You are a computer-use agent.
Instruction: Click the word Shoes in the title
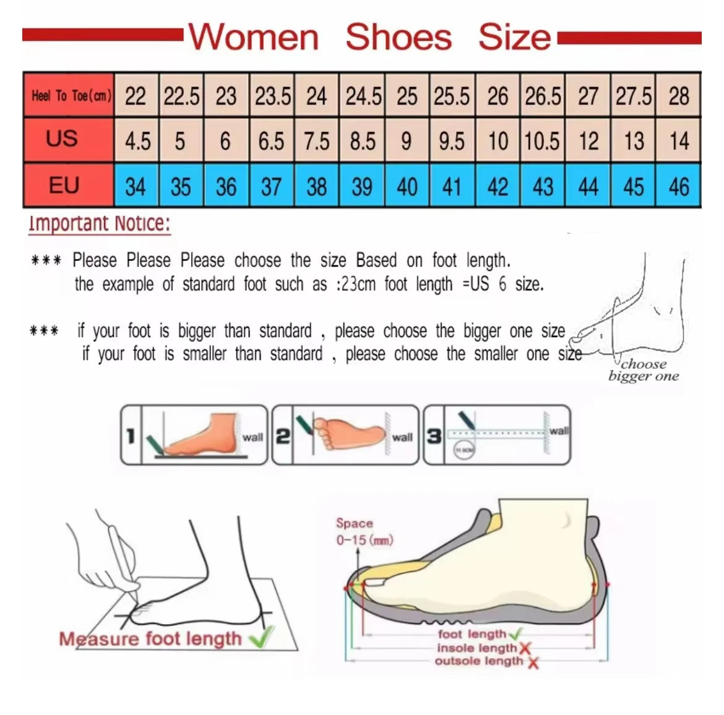(399, 37)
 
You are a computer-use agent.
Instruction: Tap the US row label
(62, 139)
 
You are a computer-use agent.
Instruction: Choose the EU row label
(64, 185)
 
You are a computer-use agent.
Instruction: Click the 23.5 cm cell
(272, 96)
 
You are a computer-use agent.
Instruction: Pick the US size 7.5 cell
(316, 141)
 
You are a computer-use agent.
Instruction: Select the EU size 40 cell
(407, 186)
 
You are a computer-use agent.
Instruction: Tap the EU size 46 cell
(679, 186)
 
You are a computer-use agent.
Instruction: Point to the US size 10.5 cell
(542, 141)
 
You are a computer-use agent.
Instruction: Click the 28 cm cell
(679, 96)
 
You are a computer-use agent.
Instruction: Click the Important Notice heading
(99, 224)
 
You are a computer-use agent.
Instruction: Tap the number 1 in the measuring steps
(131, 436)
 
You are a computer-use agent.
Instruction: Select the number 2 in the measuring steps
(282, 436)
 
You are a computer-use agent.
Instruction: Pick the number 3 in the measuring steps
(434, 436)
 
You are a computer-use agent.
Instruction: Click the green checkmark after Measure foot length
(261, 637)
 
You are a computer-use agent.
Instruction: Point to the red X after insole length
(525, 648)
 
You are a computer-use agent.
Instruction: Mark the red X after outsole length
(533, 662)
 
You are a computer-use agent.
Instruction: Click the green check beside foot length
(515, 633)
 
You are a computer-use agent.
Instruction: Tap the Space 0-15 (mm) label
(364, 532)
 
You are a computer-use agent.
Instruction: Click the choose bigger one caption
(644, 370)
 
